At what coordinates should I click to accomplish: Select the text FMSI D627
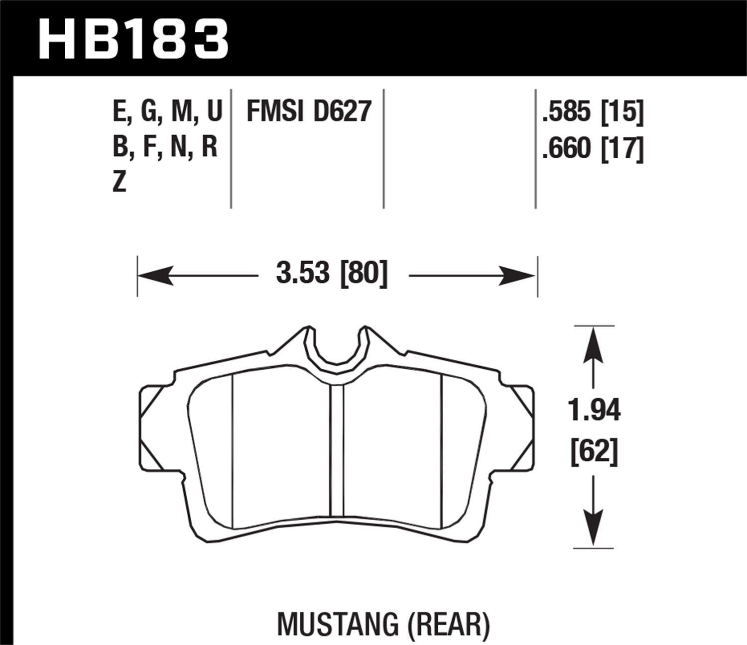click(x=309, y=111)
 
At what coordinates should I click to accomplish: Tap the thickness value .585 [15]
click(x=593, y=111)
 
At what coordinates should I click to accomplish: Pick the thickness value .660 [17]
click(x=593, y=148)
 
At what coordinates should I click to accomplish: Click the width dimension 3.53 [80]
click(x=332, y=274)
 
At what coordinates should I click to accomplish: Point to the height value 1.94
click(x=594, y=411)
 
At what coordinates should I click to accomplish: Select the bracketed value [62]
click(x=594, y=452)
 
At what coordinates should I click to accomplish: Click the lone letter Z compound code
click(x=119, y=182)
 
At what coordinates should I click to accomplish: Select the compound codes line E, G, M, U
click(x=167, y=111)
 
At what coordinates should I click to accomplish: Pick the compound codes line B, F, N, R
click(x=165, y=148)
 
